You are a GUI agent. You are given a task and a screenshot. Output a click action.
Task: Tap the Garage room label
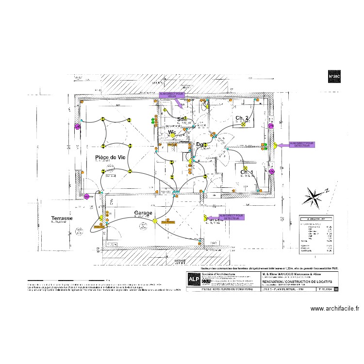pos(143,213)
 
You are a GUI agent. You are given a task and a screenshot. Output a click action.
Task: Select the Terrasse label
pos(62,219)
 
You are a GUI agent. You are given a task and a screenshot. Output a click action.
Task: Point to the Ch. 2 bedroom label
pos(242,118)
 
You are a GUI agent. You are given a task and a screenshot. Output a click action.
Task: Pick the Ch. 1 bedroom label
pos(247,172)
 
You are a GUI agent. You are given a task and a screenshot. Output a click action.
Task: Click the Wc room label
pos(172,132)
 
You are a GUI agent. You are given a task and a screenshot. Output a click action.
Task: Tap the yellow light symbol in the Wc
pos(172,137)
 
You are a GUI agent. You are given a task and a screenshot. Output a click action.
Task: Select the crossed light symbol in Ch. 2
pos(244,124)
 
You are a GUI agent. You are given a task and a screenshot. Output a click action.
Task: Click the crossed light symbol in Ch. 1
pos(246,167)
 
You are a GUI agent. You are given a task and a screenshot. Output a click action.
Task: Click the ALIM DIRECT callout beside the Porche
pos(232,217)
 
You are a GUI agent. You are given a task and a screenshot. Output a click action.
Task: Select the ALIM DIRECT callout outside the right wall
pos(301,144)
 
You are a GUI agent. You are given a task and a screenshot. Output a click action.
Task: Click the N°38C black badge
pos(334,76)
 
